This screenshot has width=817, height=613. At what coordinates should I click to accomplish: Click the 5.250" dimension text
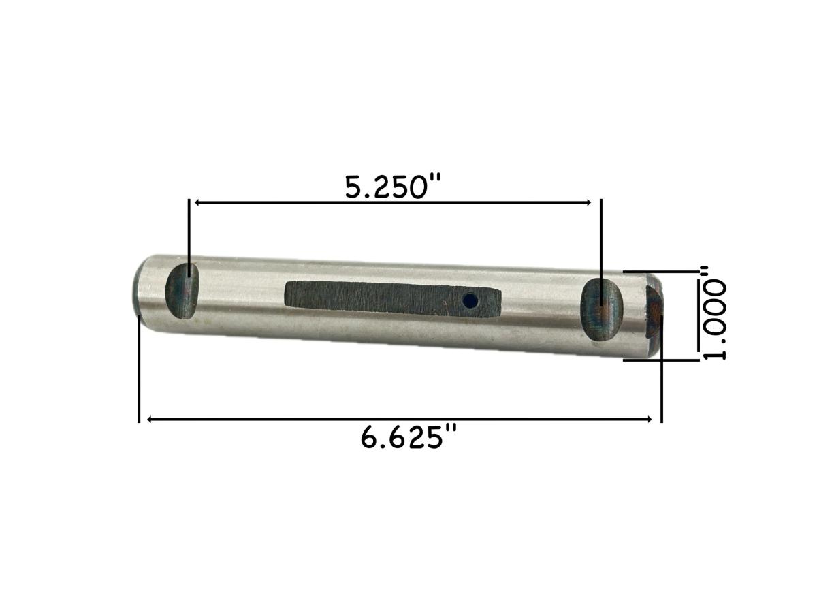pyautogui.click(x=393, y=187)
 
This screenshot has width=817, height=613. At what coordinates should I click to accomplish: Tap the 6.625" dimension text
pyautogui.click(x=408, y=437)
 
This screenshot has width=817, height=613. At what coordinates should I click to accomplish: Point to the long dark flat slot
pyautogui.click(x=393, y=299)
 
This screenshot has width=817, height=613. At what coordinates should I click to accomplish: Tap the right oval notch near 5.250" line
pyautogui.click(x=601, y=310)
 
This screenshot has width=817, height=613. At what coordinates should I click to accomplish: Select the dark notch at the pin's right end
pyautogui.click(x=654, y=311)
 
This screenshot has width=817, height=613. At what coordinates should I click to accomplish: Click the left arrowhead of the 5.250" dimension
pyautogui.click(x=197, y=202)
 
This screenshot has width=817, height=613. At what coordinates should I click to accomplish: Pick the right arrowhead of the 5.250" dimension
pyautogui.click(x=588, y=202)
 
